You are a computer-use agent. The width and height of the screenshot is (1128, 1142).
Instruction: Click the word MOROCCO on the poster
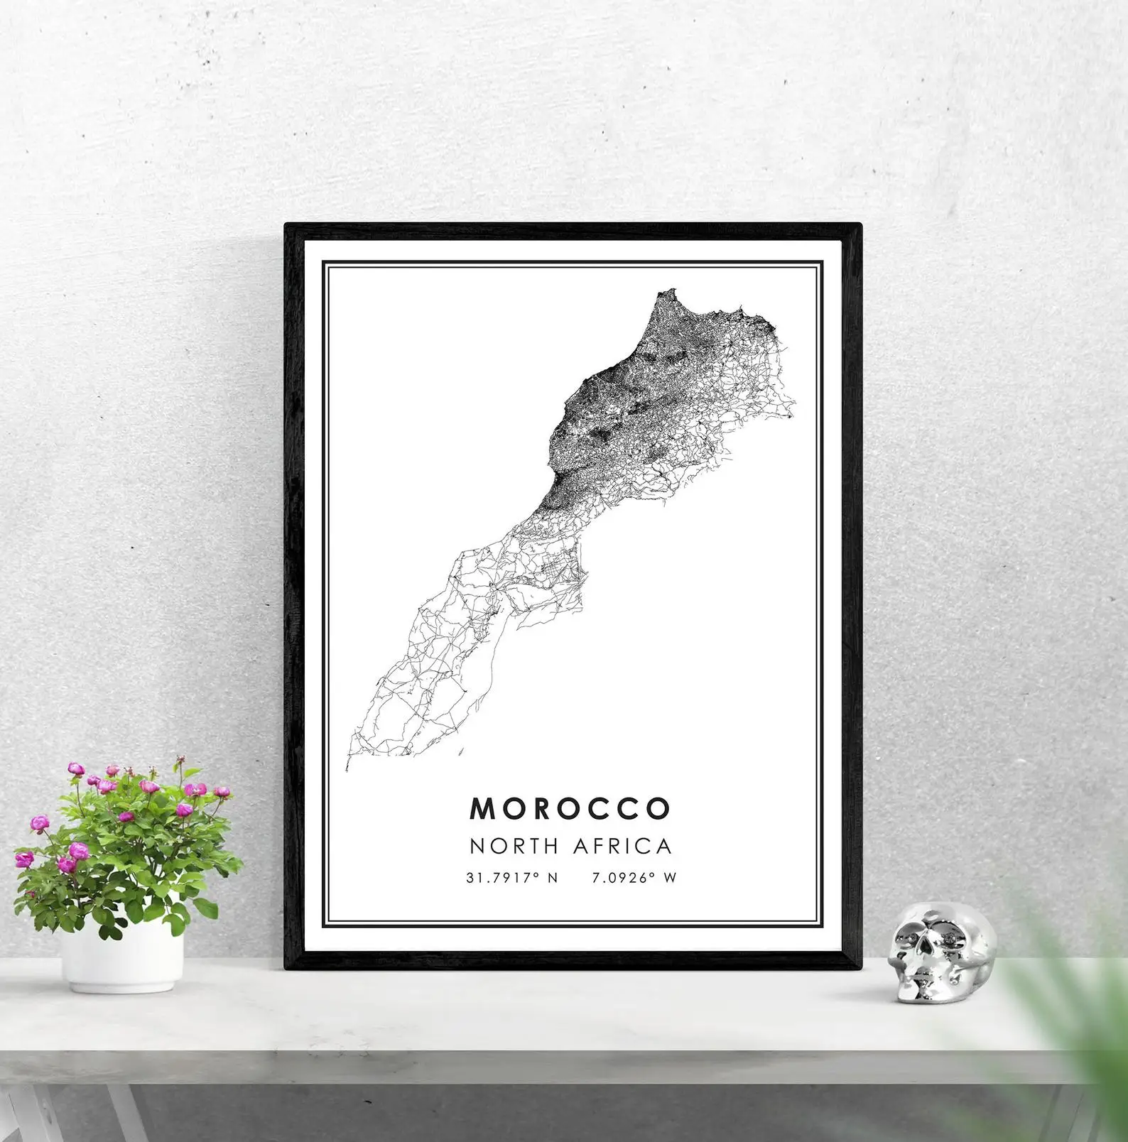tap(570, 808)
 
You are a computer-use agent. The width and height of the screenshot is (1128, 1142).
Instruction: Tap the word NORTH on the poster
tap(514, 847)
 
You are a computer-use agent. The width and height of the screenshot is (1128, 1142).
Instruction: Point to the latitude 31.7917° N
tap(512, 878)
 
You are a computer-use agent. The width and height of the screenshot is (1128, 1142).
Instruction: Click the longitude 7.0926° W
tap(634, 878)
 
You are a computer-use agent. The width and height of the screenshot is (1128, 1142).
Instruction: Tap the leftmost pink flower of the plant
tap(24, 859)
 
